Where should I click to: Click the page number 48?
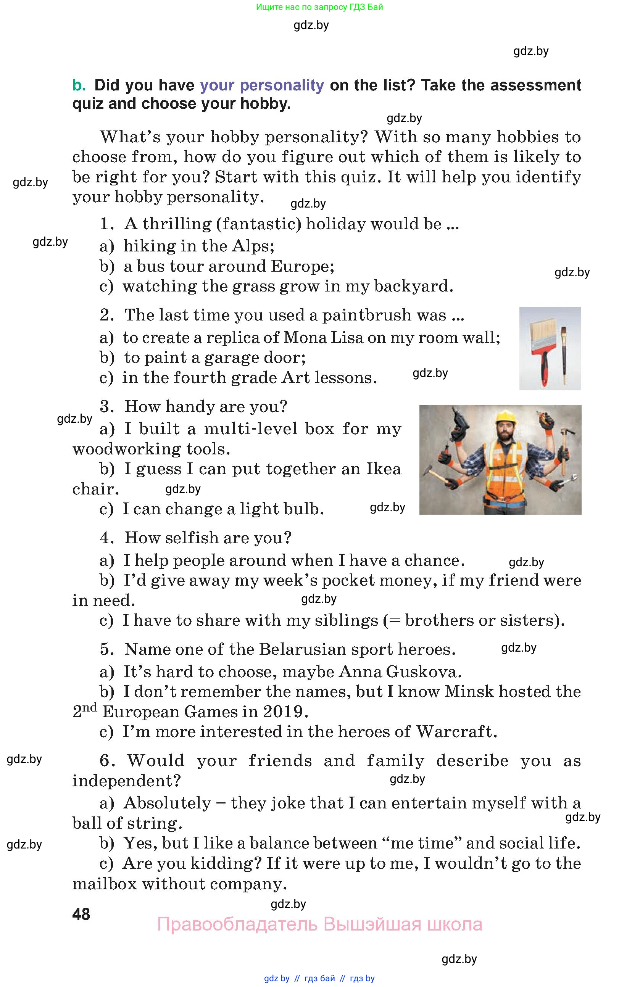(81, 914)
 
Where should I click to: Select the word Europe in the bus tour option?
(301, 266)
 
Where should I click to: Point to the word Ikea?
(383, 469)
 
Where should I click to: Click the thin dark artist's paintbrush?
(564, 353)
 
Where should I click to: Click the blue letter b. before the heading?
(79, 85)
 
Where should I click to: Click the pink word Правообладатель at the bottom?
(237, 924)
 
